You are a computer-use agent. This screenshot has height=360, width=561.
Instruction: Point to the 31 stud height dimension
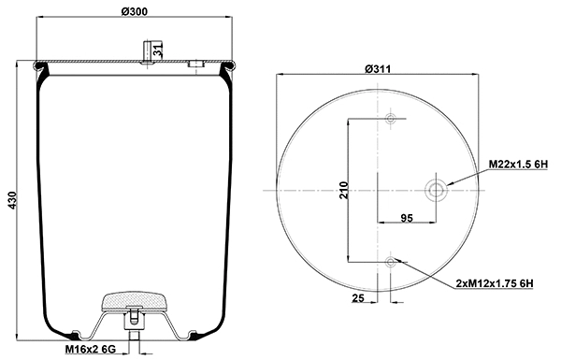159,50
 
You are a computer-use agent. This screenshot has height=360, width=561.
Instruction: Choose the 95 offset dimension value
407,217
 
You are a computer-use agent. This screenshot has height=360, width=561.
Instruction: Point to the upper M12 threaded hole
390,119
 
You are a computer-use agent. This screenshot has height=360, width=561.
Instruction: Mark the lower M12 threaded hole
390,261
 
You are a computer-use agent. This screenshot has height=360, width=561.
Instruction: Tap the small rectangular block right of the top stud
195,65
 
